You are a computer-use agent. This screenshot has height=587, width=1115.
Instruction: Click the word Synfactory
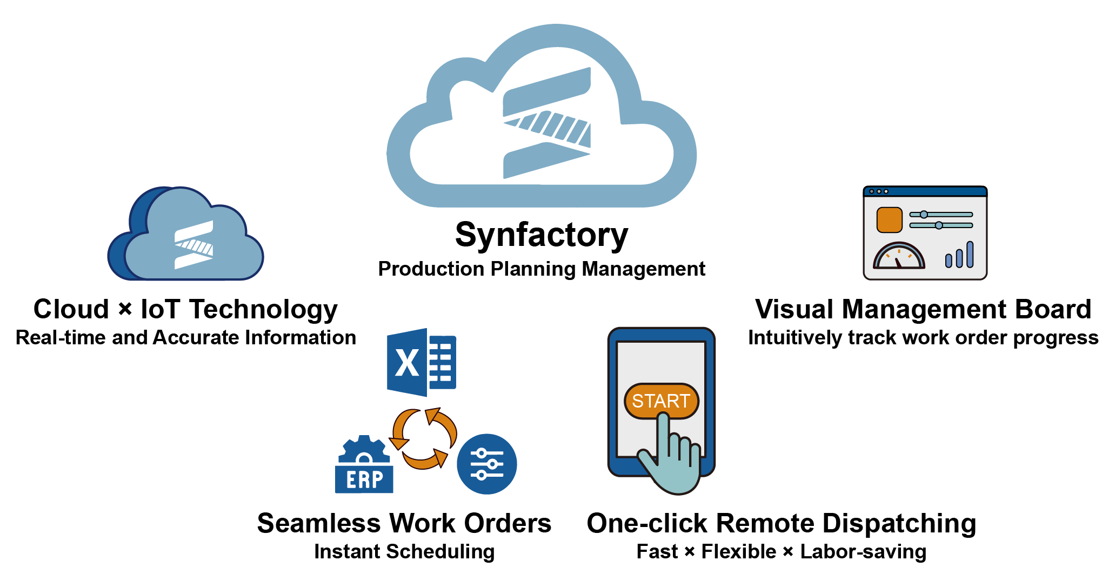[x=542, y=235]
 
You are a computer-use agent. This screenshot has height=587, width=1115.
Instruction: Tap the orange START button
[x=660, y=401]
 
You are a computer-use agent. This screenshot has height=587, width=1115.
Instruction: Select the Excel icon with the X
[x=421, y=362]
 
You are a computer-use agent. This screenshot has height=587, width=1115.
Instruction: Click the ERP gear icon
[x=364, y=465]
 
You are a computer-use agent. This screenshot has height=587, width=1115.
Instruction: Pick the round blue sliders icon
[x=486, y=464]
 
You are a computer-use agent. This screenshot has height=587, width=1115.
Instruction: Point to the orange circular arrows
[x=423, y=438]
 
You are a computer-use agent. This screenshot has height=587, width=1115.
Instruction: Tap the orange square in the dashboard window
[x=889, y=220]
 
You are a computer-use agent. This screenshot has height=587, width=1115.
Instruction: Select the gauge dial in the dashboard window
[x=899, y=256]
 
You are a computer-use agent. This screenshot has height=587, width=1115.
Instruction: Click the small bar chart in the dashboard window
[x=959, y=255]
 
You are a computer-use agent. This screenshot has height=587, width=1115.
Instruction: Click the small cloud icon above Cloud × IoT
[x=185, y=235]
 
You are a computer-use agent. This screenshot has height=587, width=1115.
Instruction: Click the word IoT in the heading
[x=160, y=310]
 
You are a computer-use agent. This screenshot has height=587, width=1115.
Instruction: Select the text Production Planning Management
[x=542, y=269]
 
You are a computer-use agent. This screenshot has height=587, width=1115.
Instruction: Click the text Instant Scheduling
[x=404, y=552]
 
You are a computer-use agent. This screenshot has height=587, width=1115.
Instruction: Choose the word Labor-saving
[x=863, y=552]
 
